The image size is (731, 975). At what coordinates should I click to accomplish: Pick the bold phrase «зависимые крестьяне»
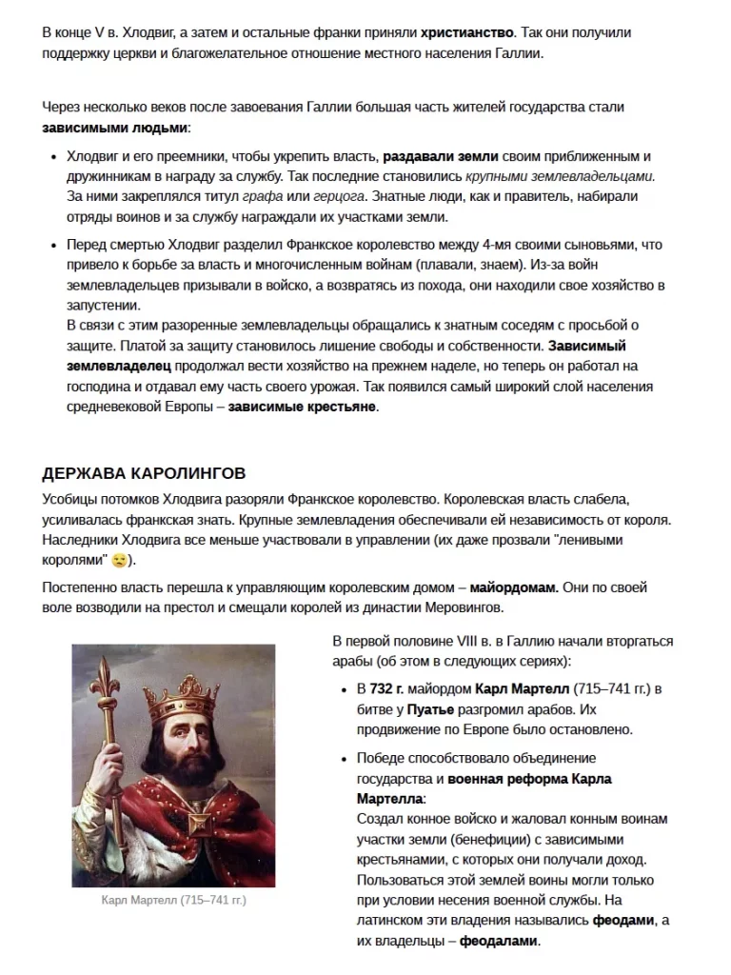tap(303, 407)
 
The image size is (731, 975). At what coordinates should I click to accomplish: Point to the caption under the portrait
tap(173, 900)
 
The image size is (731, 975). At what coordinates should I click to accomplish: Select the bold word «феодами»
tap(624, 921)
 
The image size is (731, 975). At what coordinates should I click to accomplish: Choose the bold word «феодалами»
tap(499, 942)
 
